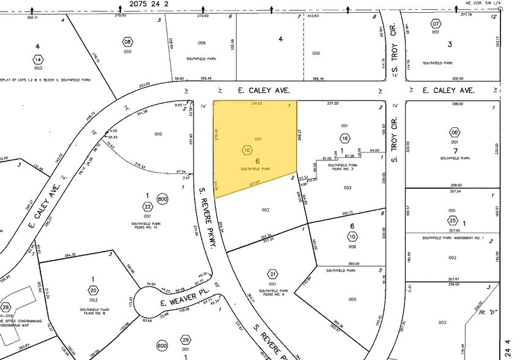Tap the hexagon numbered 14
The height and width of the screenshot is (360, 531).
pos(38,59)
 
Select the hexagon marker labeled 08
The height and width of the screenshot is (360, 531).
pos(127,42)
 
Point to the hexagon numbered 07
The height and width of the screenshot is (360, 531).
pos(436,24)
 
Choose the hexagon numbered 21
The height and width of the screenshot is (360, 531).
pos(273,274)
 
